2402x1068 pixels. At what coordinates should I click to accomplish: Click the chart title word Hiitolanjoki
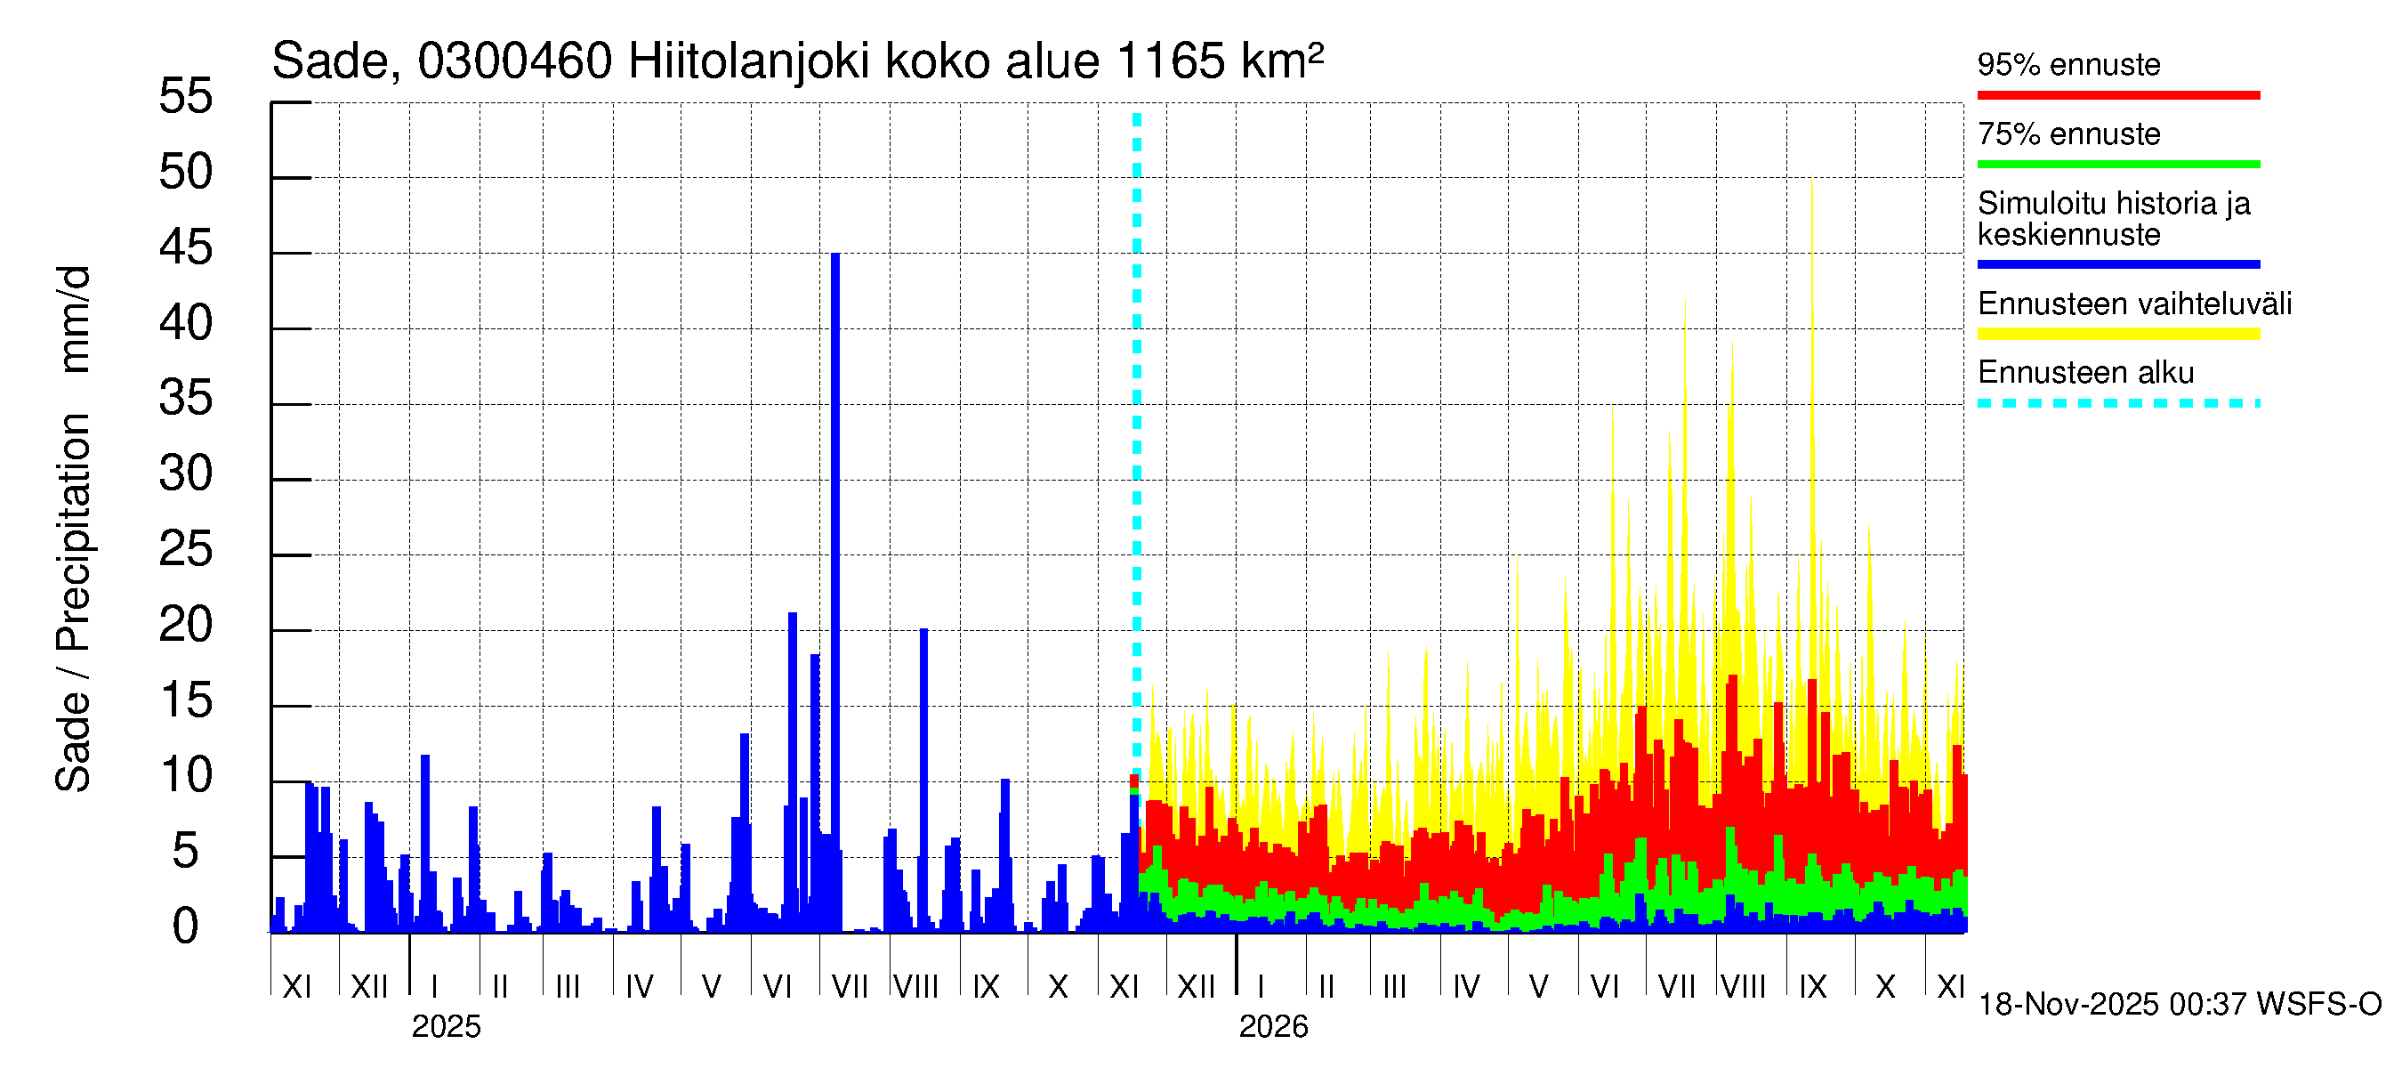tap(749, 61)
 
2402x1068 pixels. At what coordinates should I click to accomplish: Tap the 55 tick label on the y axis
tap(186, 96)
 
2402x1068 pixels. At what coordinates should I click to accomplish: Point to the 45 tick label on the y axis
tap(186, 248)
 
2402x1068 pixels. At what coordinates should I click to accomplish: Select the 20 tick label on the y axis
tap(186, 625)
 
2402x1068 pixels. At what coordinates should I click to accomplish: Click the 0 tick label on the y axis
tap(186, 926)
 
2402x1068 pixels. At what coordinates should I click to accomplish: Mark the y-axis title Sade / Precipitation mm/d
tap(73, 529)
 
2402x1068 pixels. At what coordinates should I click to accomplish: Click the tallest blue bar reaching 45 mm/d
tap(834, 560)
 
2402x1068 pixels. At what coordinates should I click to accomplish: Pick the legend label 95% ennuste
tap(2068, 64)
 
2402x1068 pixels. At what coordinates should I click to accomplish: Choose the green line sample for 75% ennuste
tap(2117, 164)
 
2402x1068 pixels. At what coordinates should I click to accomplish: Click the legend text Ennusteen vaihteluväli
tap(2134, 304)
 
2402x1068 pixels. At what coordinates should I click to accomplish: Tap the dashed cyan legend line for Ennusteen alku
tap(2117, 403)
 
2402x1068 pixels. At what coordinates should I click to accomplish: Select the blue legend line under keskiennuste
tap(2117, 264)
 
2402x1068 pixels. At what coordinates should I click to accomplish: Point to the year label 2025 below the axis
tap(446, 1027)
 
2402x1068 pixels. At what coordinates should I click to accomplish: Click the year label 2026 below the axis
tap(1273, 1027)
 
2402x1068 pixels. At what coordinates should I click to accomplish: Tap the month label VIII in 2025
tap(915, 987)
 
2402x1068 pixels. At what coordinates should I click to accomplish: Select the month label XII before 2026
tap(1197, 987)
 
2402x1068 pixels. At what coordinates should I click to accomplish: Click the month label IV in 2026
tap(1466, 987)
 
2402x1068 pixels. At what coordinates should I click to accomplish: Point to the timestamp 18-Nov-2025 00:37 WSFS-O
tap(2179, 1005)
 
